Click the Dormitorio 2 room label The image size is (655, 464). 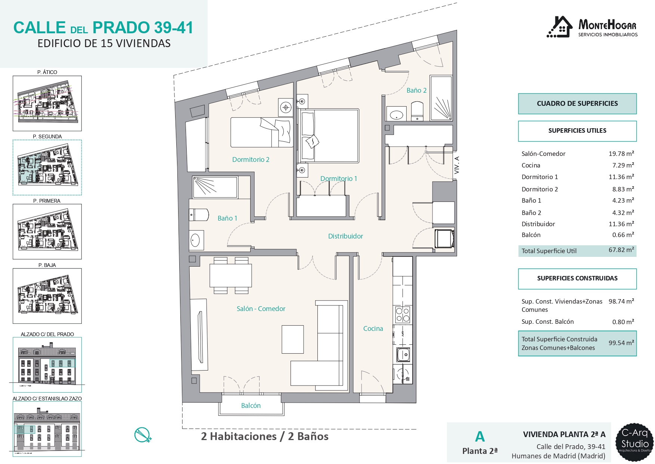251,160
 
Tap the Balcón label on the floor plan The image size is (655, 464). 251,406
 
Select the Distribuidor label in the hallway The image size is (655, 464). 345,236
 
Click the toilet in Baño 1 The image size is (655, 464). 199,215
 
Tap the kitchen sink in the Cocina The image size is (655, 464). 403,354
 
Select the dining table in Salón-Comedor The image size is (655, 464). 231,276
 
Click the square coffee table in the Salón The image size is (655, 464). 293,339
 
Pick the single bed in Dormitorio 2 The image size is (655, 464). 261,132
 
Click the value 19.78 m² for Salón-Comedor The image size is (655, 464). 621,154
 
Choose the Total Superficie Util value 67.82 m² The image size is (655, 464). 621,250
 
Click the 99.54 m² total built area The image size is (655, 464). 621,343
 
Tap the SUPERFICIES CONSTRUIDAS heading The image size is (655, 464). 577,278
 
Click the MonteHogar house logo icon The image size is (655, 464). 559,27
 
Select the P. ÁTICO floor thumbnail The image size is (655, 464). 47,104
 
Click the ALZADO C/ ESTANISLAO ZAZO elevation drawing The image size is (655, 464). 47,429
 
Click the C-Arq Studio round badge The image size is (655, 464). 635,442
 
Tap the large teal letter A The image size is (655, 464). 480,437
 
